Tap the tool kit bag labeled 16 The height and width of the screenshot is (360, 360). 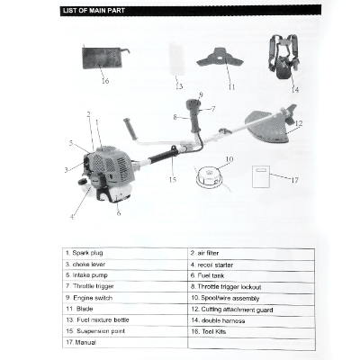[102, 57]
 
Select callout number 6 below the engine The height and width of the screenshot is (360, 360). [119, 212]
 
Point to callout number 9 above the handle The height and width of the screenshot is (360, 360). [201, 94]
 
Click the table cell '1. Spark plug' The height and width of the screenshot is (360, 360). [125, 254]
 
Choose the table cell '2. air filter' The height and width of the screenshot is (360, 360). [250, 254]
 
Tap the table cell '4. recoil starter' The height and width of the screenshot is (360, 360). [250, 265]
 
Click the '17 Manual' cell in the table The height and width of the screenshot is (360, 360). [125, 342]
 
